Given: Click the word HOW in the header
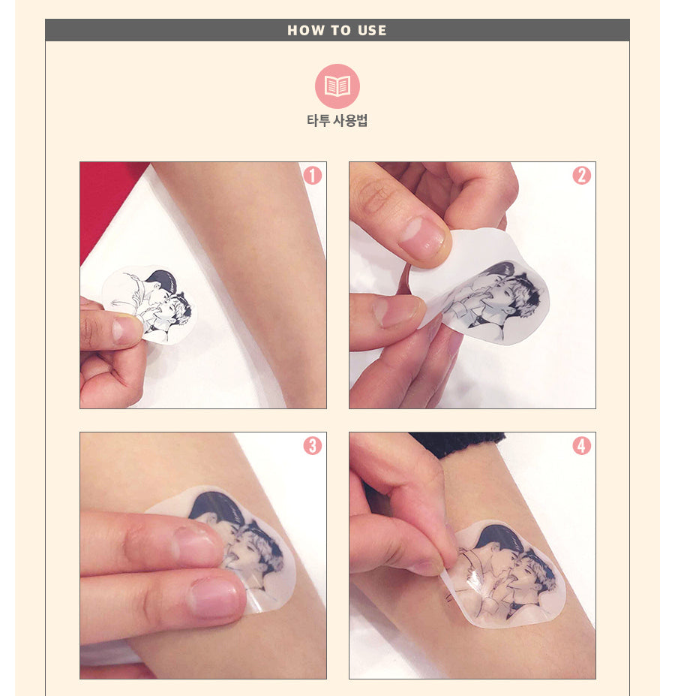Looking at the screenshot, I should click(304, 31).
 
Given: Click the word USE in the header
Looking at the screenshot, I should click(372, 31).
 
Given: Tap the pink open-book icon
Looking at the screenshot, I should click(337, 86).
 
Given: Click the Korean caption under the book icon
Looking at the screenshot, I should click(337, 120).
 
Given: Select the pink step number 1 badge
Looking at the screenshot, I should click(312, 176).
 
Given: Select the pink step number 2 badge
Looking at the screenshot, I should click(581, 176).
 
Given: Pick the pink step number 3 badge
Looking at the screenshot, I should click(312, 445).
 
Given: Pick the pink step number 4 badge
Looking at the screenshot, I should click(581, 445).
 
